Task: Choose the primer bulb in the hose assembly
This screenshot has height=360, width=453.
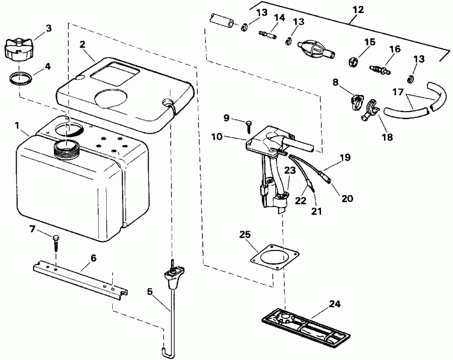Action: pyautogui.click(x=312, y=49)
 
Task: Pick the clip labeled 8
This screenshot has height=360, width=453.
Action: pyautogui.click(x=354, y=101)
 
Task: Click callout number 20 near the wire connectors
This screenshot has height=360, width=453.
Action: pyautogui.click(x=347, y=198)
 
